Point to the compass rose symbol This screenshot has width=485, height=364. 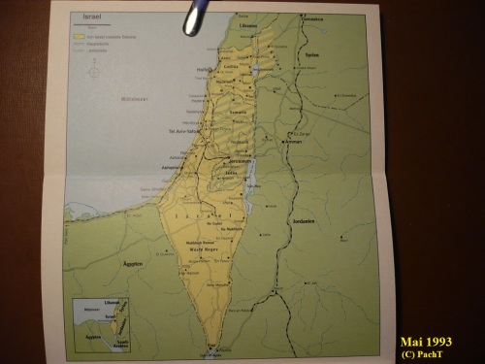(x=93, y=68)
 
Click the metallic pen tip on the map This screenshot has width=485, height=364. (x=193, y=19)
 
